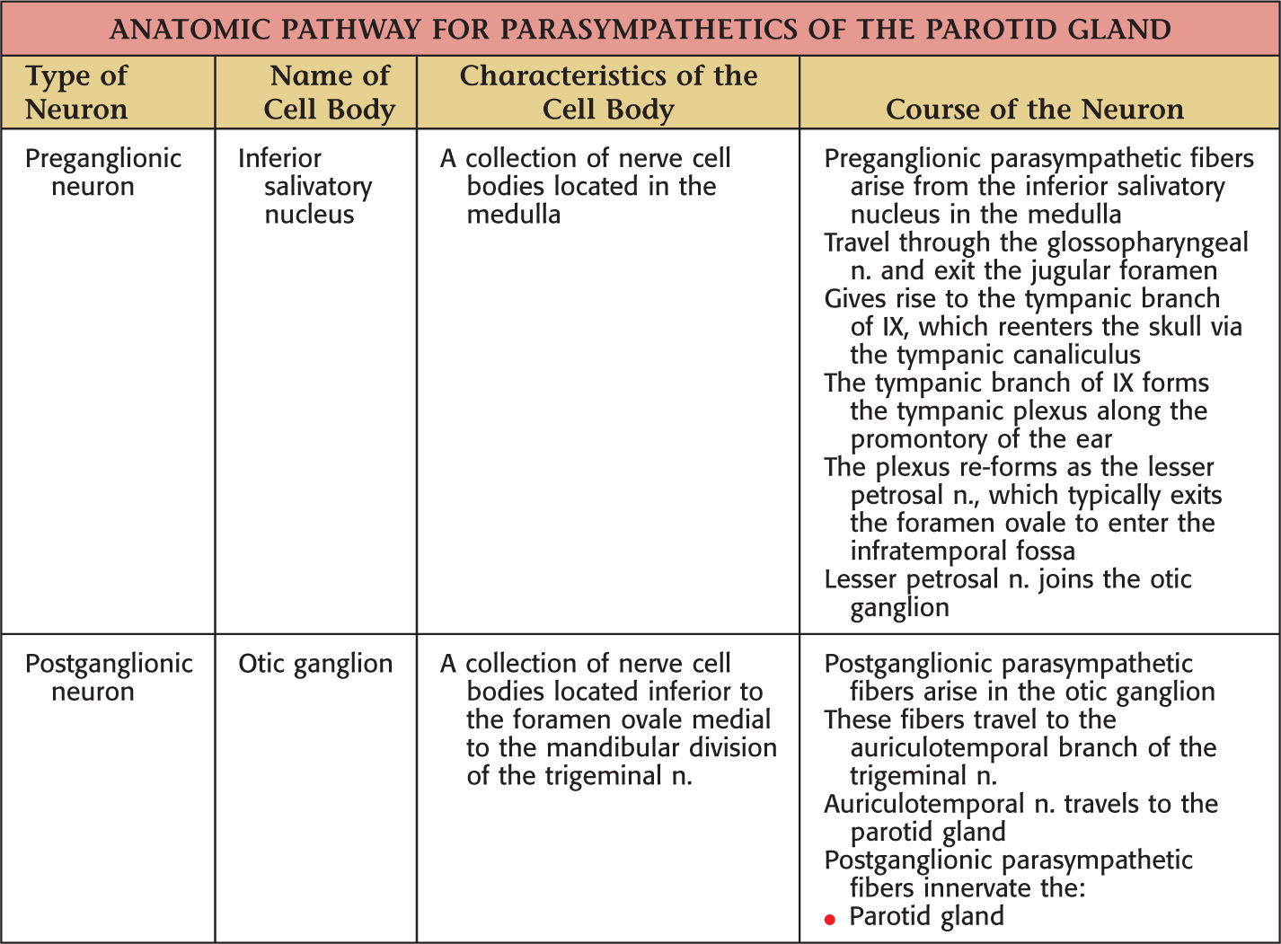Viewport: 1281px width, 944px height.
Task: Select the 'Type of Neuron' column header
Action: (x=77, y=93)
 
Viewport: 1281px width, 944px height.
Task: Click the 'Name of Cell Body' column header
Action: (x=330, y=93)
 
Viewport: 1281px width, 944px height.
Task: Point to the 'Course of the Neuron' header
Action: (x=1035, y=110)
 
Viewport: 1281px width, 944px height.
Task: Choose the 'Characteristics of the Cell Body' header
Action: (x=608, y=93)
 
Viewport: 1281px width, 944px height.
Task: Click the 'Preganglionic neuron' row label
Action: (x=102, y=172)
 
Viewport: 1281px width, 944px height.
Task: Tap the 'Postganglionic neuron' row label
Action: (x=108, y=677)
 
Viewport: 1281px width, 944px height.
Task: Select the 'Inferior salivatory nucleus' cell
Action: (x=305, y=186)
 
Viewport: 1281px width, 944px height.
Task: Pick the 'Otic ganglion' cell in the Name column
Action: (x=315, y=664)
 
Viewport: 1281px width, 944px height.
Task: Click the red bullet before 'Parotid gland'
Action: (x=830, y=919)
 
